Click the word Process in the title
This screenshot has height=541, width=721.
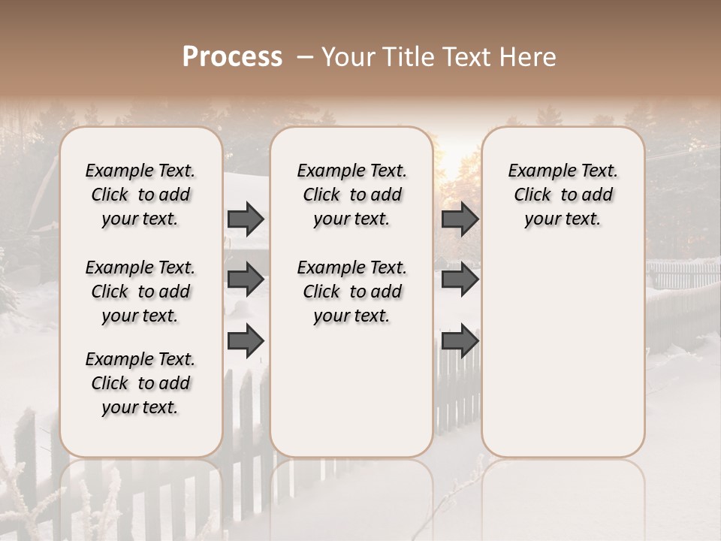tap(232, 57)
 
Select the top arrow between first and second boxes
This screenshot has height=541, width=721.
tap(246, 219)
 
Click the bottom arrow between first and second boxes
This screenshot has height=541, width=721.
tap(246, 340)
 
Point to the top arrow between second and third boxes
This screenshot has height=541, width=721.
tap(460, 219)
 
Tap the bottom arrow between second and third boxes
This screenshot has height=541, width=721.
tap(460, 340)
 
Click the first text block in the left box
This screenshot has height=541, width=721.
tap(140, 195)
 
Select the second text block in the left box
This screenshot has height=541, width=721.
tap(140, 292)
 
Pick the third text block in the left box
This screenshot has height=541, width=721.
tap(140, 383)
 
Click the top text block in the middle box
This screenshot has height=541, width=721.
tap(351, 195)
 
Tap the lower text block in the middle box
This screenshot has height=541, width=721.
tap(351, 292)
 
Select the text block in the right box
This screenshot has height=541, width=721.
tap(563, 195)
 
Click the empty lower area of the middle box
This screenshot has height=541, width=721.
tap(351, 391)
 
